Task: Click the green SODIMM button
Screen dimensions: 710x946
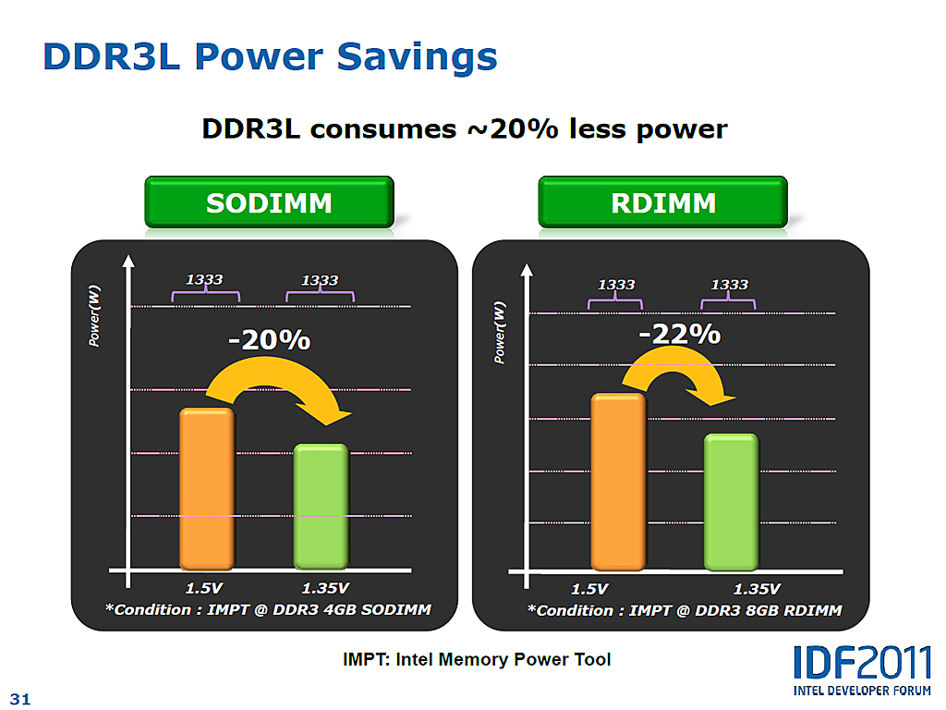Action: coord(269,202)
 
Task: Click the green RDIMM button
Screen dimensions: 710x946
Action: coord(662,202)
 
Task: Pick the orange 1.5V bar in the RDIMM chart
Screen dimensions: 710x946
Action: coord(617,481)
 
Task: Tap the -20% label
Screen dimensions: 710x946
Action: coord(269,340)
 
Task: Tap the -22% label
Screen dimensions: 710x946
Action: coord(680,334)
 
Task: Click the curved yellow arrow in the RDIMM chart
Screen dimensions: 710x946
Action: coord(679,374)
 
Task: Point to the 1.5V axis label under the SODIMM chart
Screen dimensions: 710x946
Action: coord(204,588)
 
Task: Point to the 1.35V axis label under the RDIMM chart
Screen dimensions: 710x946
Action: coord(757,589)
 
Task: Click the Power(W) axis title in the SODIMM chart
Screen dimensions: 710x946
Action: coord(95,316)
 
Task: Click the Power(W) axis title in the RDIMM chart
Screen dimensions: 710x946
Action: coord(500,331)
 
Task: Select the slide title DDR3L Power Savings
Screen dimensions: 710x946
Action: coord(271,57)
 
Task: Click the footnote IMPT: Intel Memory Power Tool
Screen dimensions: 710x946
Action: coord(477,660)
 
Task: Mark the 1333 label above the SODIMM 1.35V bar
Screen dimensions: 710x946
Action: coord(320,280)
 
